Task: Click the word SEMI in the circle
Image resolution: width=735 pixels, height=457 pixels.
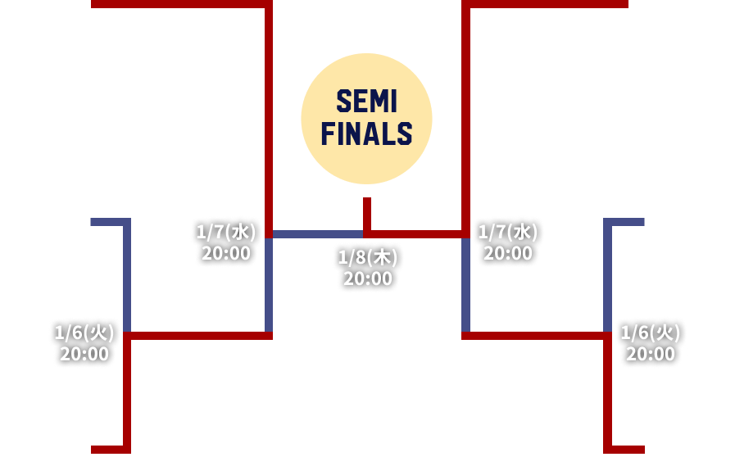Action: point(366,103)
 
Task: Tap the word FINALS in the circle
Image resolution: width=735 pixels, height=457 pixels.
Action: point(366,133)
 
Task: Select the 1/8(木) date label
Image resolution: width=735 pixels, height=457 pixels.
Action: point(367,258)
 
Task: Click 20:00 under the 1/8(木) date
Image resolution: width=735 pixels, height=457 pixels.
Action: point(367,279)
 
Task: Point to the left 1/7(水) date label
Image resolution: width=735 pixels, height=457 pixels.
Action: point(226,232)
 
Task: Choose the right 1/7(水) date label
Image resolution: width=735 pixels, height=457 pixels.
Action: point(508,232)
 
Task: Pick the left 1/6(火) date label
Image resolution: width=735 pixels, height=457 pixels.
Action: point(84,333)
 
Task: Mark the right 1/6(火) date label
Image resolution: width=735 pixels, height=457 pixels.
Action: point(651,333)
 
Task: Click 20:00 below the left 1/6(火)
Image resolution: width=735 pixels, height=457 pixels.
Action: point(84,355)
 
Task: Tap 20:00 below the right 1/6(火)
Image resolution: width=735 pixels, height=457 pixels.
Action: point(651,355)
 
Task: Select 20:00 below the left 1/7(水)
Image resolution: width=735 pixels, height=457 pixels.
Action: point(226,253)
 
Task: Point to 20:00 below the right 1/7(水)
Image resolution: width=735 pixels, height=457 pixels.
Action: point(508,253)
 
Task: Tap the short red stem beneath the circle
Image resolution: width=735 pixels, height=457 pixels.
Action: point(367,213)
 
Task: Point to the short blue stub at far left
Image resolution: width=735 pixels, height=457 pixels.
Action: point(107,222)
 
